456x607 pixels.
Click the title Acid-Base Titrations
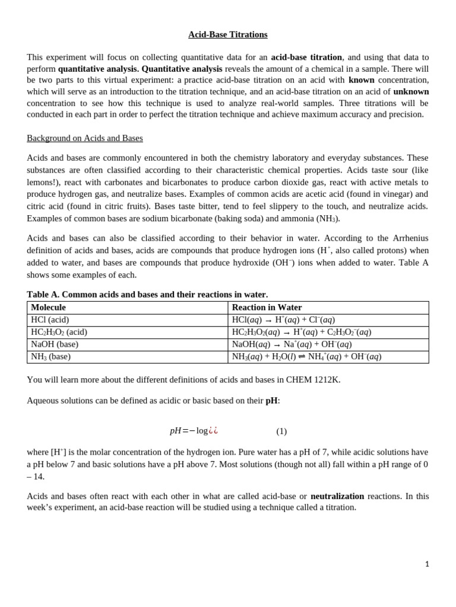coord(227,34)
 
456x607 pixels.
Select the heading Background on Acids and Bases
coord(84,138)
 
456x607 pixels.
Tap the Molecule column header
coord(48,308)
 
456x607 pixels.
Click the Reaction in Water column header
coord(267,308)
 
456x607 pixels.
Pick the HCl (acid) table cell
coord(50,320)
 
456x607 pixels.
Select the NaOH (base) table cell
coord(55,344)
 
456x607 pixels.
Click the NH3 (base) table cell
coord(50,357)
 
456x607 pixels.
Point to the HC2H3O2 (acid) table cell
coord(59,333)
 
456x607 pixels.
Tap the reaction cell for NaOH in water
coord(292,344)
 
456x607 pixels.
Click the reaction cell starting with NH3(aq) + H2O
coord(306,357)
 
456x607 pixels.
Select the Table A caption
coord(147,295)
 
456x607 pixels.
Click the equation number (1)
coord(281,432)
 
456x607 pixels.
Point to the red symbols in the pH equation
coord(213,431)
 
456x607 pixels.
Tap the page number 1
coord(426,564)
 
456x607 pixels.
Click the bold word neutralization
coord(337,496)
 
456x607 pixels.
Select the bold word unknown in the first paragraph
coord(411,91)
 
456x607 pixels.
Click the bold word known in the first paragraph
coord(361,80)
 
